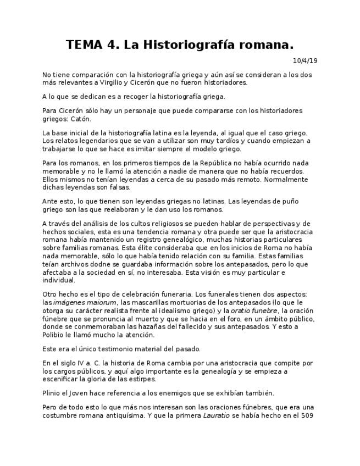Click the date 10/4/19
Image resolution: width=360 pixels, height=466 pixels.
point(304,60)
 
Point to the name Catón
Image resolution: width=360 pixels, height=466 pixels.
point(80,119)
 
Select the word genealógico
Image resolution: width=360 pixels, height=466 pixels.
point(174,240)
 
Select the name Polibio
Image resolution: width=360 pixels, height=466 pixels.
point(56,335)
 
